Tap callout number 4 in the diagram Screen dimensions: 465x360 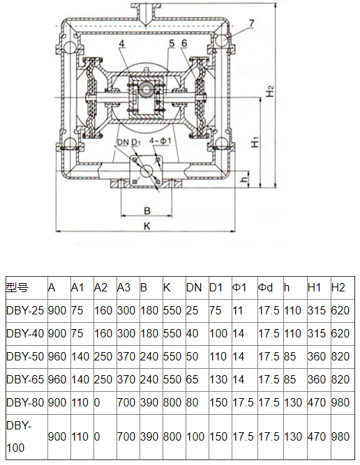click(122, 45)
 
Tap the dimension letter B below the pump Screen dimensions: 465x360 click(147, 209)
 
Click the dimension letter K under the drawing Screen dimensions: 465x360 click(147, 225)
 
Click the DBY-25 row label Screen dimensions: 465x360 click(25, 310)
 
